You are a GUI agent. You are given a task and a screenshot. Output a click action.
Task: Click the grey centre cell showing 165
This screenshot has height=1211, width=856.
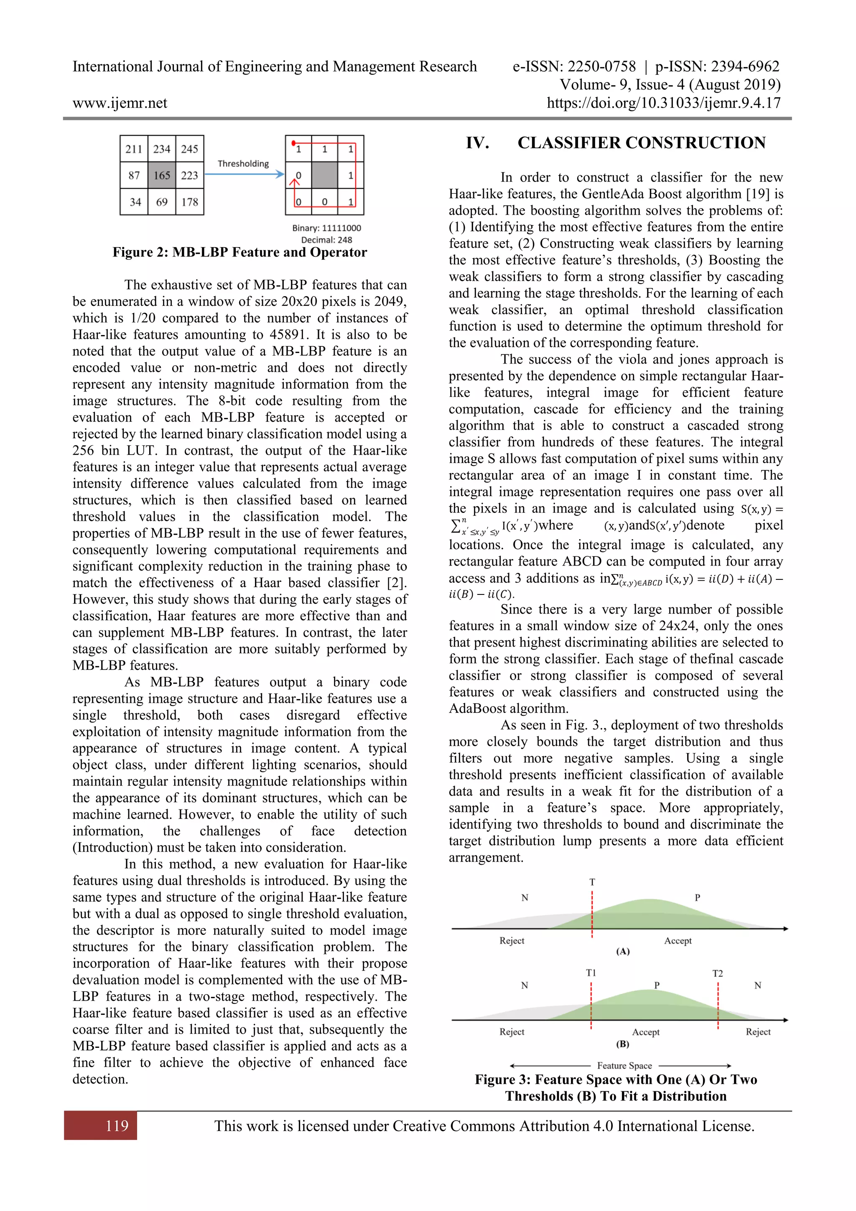coord(162,175)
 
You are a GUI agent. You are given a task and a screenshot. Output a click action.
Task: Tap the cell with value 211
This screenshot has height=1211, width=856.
coord(134,149)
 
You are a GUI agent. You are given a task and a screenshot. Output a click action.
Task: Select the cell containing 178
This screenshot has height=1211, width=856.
coord(190,202)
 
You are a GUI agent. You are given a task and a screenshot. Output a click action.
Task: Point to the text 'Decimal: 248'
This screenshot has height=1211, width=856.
coord(327,239)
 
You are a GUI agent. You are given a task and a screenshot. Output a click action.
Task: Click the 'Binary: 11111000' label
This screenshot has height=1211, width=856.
coord(327,228)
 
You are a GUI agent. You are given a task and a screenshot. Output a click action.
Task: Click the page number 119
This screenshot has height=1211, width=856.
coord(117,1126)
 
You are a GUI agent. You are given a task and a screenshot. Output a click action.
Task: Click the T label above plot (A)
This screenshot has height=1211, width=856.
coord(592,882)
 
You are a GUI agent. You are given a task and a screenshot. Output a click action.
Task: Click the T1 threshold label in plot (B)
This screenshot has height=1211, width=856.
coord(591,973)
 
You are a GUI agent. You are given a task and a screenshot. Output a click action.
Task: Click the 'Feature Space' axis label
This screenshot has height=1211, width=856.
coord(624,1065)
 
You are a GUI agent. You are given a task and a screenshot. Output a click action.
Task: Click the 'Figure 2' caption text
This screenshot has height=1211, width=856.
coord(240,252)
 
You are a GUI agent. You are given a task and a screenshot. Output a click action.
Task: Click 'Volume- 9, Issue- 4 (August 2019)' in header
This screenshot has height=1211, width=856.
coord(670,84)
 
